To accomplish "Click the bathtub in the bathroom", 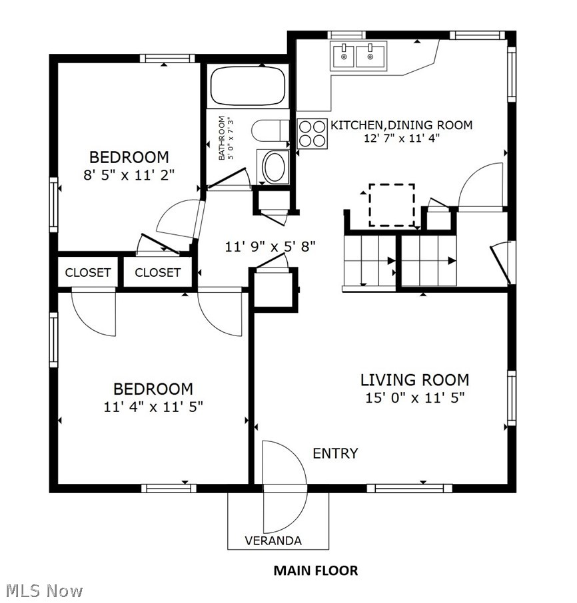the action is (x=248, y=86).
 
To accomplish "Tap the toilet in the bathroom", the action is (x=271, y=130).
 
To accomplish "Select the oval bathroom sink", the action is (x=274, y=167).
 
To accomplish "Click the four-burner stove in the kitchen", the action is (x=312, y=134).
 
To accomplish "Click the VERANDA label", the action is (x=273, y=540).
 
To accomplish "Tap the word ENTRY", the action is (x=335, y=453).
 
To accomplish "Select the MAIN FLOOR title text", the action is (x=316, y=570).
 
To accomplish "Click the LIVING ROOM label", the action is (x=414, y=380).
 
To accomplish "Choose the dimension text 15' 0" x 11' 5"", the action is (x=415, y=397).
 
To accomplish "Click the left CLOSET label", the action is (x=88, y=273).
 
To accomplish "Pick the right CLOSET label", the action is (x=157, y=273).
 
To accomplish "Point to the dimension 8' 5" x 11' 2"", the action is (x=129, y=175).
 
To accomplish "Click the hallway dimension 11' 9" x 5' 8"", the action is (x=271, y=246).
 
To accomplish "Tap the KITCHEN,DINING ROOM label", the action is (x=402, y=125).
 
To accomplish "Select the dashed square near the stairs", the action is (x=392, y=205).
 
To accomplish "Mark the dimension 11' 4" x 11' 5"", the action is (x=153, y=407).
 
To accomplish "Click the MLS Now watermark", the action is (x=44, y=591).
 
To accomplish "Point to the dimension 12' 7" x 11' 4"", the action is (x=402, y=138).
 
